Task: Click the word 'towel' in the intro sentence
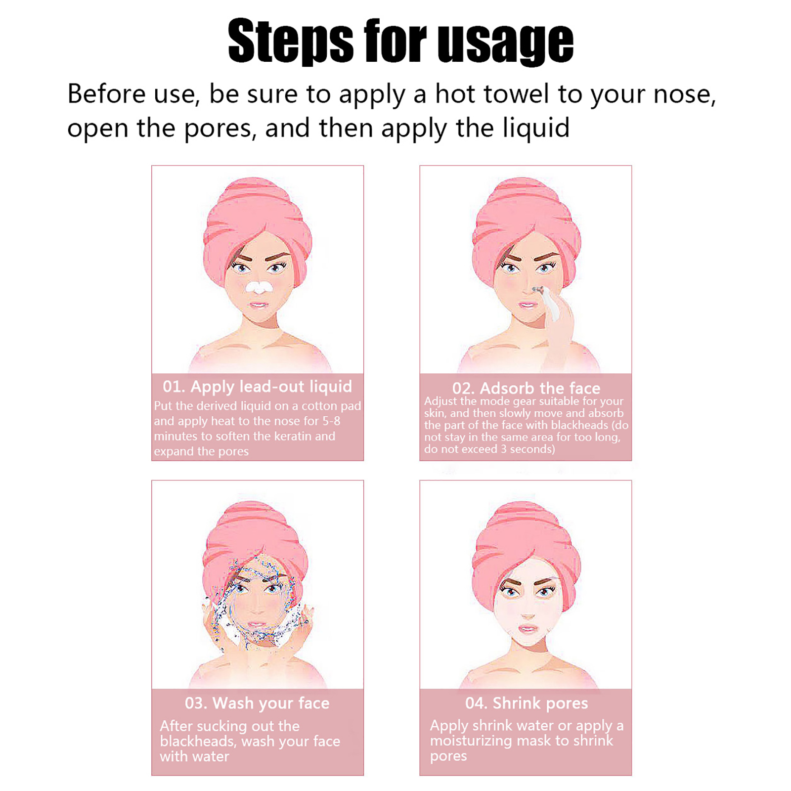516,93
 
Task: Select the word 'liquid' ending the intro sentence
536,129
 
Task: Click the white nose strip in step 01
258,287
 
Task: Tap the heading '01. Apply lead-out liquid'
258,387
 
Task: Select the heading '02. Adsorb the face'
526,388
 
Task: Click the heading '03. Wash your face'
257,703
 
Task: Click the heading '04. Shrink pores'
527,703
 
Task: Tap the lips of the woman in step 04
527,629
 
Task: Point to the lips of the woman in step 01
259,305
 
